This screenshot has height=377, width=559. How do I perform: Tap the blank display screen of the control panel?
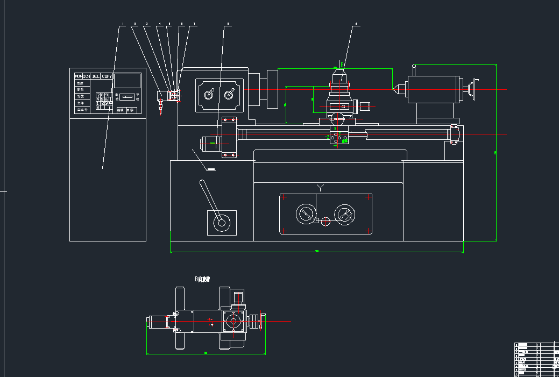point(128,81)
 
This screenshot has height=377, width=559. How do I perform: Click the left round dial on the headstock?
point(209,95)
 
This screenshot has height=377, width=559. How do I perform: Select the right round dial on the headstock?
point(229,95)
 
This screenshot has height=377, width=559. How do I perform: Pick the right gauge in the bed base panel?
point(344,215)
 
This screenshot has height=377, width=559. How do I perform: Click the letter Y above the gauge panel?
point(321,187)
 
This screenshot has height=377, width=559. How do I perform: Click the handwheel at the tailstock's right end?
point(473,89)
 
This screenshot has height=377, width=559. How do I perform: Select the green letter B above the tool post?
point(341,65)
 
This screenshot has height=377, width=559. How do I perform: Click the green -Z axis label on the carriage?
point(327,137)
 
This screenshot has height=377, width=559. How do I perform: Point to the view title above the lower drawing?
point(202,279)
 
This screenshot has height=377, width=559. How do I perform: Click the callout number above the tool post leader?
point(356,24)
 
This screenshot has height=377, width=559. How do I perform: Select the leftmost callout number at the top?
point(123,24)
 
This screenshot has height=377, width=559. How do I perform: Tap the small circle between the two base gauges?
point(326,221)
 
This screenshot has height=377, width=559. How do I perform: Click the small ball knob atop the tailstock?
point(414,67)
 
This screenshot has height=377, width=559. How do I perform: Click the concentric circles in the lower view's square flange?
point(233,322)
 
